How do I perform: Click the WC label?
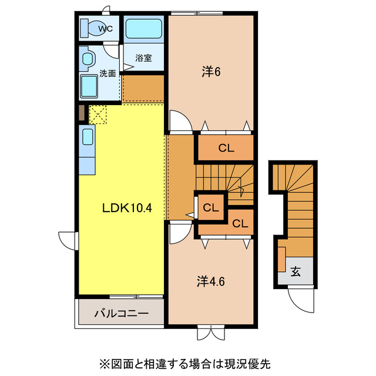pos(106,28)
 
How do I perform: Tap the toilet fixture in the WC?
pos(90,28)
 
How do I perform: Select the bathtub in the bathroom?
pos(143,28)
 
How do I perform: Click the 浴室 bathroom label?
pos(143,58)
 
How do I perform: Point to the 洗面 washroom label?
pos(107,73)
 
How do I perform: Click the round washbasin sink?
pos(88,59)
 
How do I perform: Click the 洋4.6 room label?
pos(211,281)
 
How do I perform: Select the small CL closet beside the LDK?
pos(210,207)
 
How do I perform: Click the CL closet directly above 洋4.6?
pos(240,223)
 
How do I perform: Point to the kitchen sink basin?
pos(87,136)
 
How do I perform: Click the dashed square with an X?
pos(97,114)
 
